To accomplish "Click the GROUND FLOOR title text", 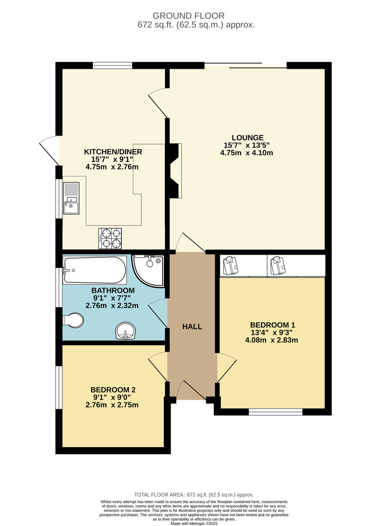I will pyautogui.click(x=193, y=16).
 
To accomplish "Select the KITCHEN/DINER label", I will pyautogui.click(x=113, y=152).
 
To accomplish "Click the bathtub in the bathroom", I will pyautogui.click(x=94, y=270).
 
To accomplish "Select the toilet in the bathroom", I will pyautogui.click(x=73, y=320).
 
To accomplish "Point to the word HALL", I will pyautogui.click(x=192, y=327).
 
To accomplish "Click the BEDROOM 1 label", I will pyautogui.click(x=273, y=325).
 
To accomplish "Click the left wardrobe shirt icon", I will pyautogui.click(x=230, y=266).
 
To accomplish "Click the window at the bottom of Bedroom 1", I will pyautogui.click(x=275, y=412).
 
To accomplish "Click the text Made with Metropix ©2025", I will pyautogui.click(x=193, y=523).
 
